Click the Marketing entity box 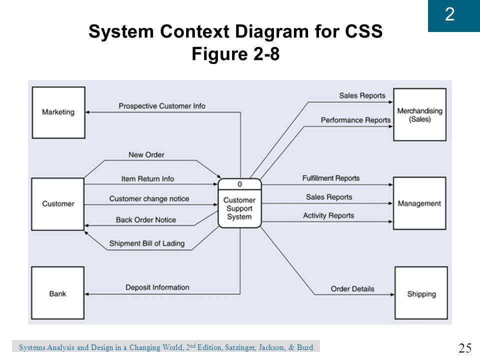coord(58,112)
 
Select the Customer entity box coord(58,204)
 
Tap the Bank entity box coord(58,293)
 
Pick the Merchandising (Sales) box coord(419,115)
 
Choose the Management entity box coord(419,203)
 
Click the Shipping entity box coord(421,293)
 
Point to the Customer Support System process coord(239,203)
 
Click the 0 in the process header coord(239,184)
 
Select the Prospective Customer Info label coord(162,106)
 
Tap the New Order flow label coord(146,155)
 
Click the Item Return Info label coord(147,179)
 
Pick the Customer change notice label coord(149,199)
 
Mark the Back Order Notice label coord(145,220)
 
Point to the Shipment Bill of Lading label coord(147,243)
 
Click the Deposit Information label coord(157,287)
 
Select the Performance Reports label coord(355,120)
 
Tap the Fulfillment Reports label coord(331,178)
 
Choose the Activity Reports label coord(328,216)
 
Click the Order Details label coord(352,289)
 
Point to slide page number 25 coord(465,348)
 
